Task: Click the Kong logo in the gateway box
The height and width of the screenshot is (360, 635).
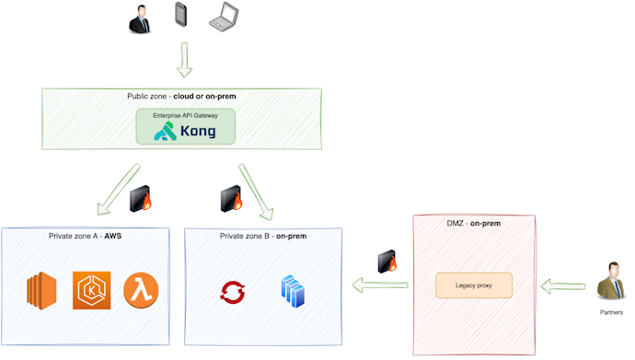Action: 185,131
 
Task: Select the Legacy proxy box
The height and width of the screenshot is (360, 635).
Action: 473,285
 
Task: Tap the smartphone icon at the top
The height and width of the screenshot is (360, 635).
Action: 181,17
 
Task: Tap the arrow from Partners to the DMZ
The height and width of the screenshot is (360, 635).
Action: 560,286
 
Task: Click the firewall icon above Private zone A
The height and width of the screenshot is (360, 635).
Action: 142,197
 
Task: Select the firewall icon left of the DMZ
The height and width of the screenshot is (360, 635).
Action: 387,262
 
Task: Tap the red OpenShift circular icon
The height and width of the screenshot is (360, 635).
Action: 232,292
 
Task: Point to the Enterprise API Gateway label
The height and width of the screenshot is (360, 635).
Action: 185,115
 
